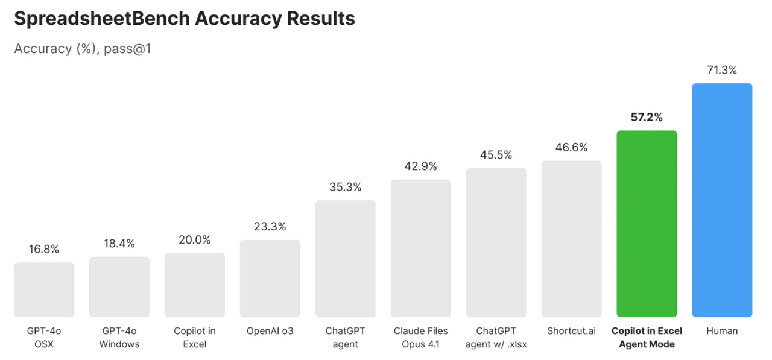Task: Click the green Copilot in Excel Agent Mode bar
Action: (647, 224)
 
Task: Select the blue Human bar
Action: (722, 200)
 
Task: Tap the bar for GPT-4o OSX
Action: (44, 289)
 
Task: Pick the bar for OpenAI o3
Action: (270, 279)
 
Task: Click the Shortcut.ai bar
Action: (571, 239)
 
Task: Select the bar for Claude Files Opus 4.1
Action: (420, 248)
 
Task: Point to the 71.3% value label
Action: (722, 70)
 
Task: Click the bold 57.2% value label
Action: (647, 118)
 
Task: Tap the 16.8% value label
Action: (44, 249)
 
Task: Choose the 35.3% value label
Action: (346, 187)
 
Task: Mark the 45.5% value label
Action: (496, 155)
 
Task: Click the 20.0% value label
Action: (195, 240)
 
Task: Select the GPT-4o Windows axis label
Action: (119, 338)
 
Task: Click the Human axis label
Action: (722, 331)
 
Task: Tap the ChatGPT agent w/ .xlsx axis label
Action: (496, 338)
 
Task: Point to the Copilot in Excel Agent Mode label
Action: (647, 338)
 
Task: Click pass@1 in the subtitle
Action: (127, 49)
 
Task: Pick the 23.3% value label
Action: (270, 227)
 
